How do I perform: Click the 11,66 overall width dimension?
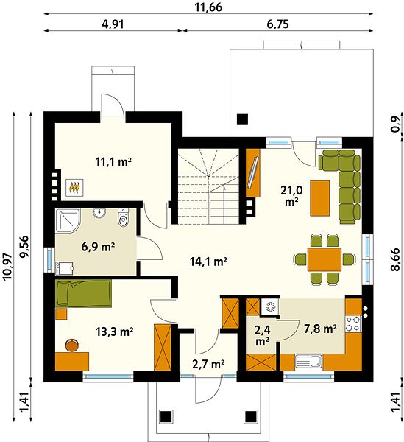coord(208,7)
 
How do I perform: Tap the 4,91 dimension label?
coord(113,24)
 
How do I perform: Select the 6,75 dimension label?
coord(277,24)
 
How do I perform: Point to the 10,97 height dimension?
coord(7,267)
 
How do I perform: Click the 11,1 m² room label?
coord(113,162)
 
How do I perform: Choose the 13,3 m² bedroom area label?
coord(114,331)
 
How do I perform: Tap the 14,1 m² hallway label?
coord(208,262)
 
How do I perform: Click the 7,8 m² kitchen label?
coord(320,329)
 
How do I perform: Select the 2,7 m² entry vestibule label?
coord(208,364)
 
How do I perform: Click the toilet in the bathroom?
coord(123,217)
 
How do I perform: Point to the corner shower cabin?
coord(68,220)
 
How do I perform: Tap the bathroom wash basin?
coord(99,213)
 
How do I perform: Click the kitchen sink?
coord(309,362)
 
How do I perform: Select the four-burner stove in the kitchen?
coord(353,324)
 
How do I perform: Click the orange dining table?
coord(325,259)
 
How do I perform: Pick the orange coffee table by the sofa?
coord(320,198)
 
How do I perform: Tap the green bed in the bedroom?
coord(84,293)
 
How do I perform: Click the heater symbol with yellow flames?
coord(74,187)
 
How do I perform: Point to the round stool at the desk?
coord(72,345)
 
